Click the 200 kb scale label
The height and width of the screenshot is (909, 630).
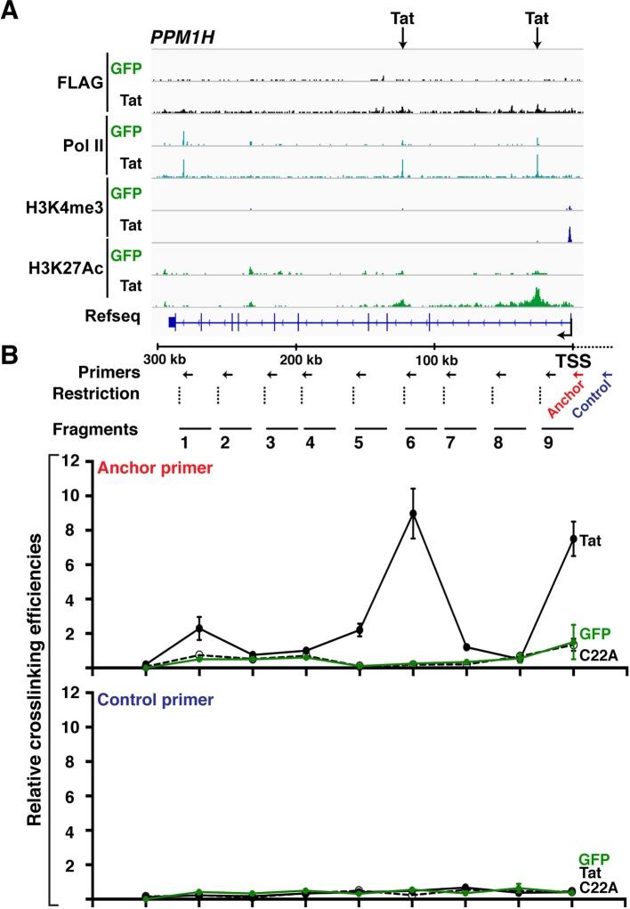(297, 359)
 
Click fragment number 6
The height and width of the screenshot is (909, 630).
(410, 442)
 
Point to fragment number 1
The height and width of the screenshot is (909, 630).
(184, 442)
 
